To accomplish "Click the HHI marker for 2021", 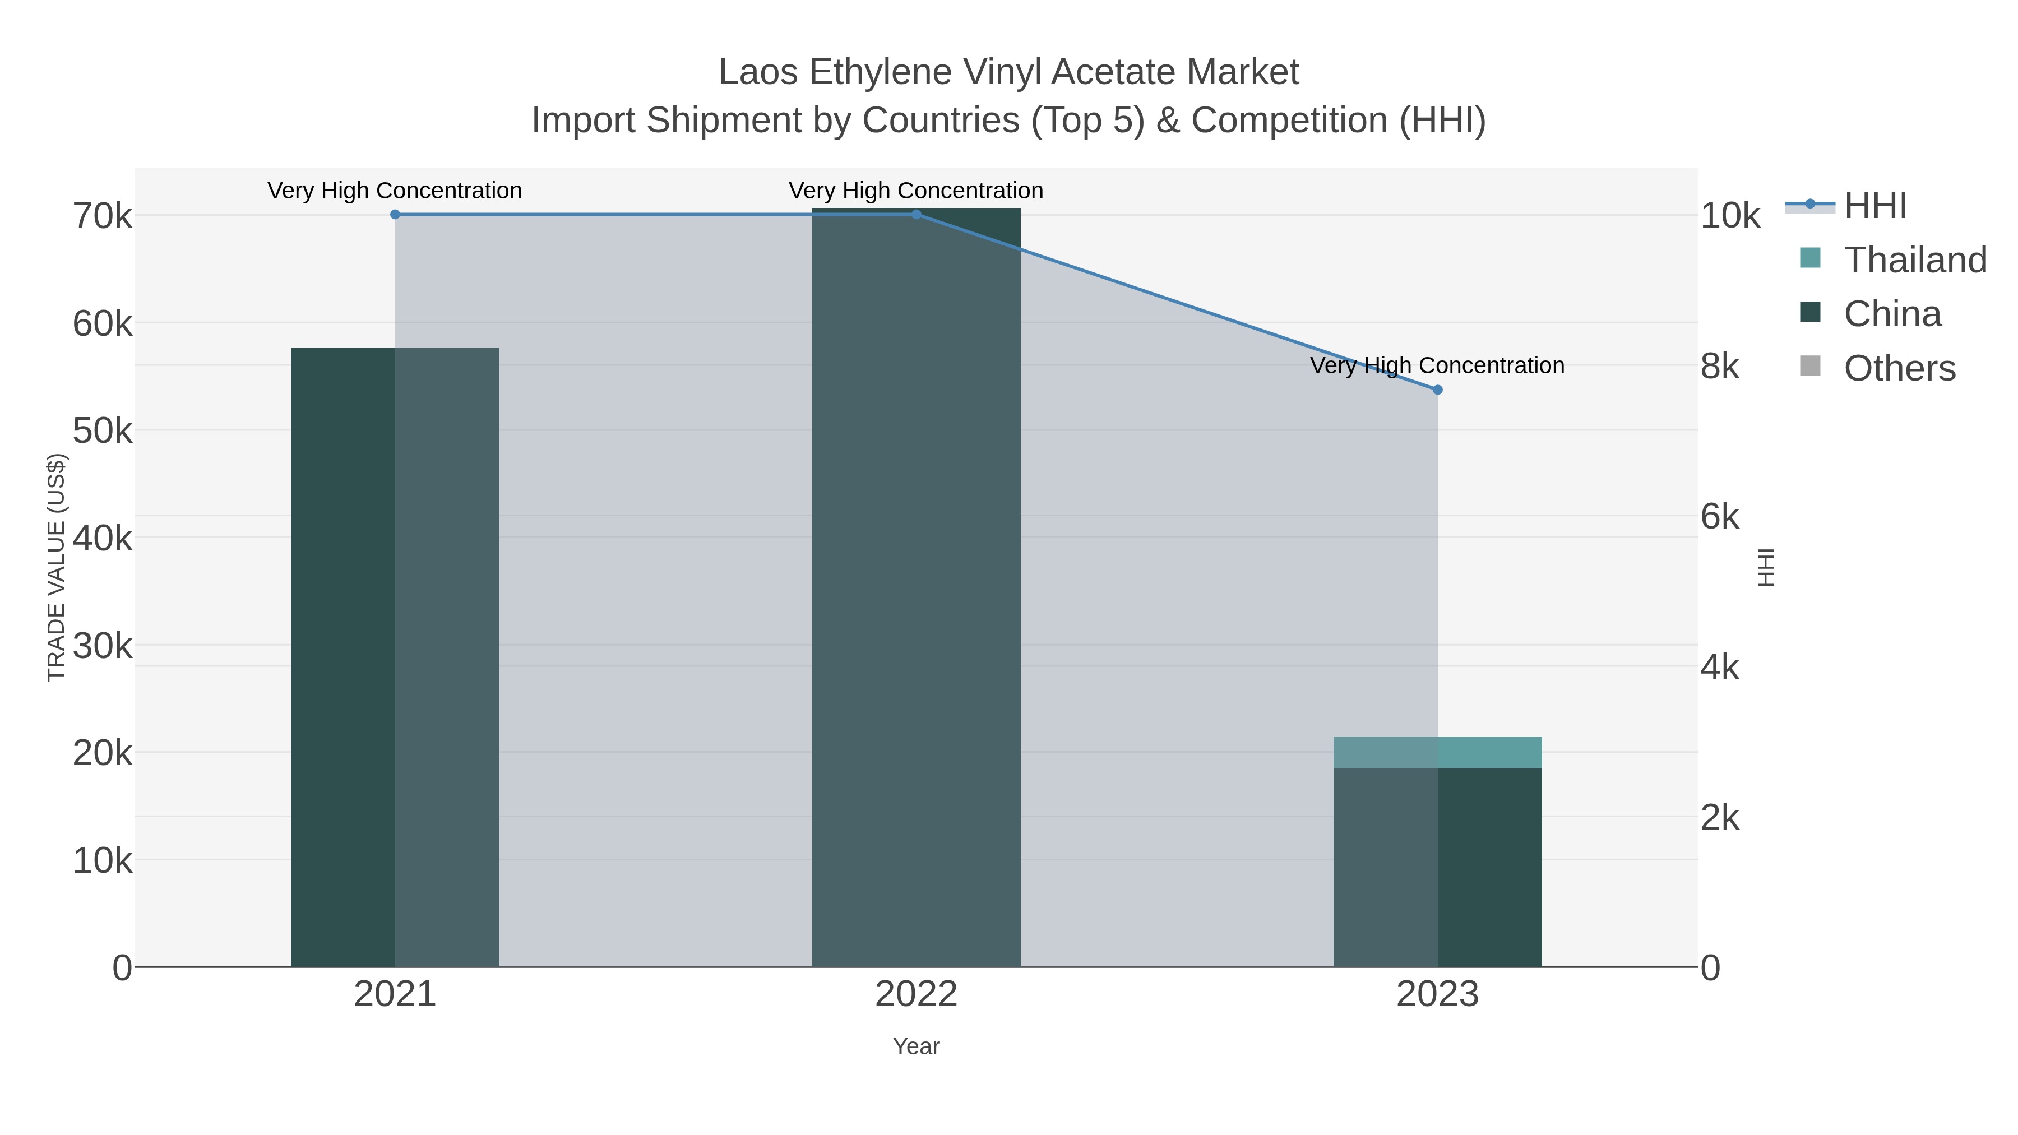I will [395, 215].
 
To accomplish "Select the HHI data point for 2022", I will [917, 215].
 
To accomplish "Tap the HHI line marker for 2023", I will [1437, 390].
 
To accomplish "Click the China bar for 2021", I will [395, 657].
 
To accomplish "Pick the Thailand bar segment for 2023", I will [1437, 753].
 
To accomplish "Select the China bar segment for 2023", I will [1437, 867].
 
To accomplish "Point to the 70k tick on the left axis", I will [103, 216].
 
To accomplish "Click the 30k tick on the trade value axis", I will [103, 646].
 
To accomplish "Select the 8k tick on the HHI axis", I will [1720, 366].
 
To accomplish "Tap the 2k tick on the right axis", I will [1720, 818].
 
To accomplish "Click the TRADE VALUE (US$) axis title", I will [57, 567].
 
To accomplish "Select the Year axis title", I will [917, 1046].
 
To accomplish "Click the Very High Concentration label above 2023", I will [1437, 366].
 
